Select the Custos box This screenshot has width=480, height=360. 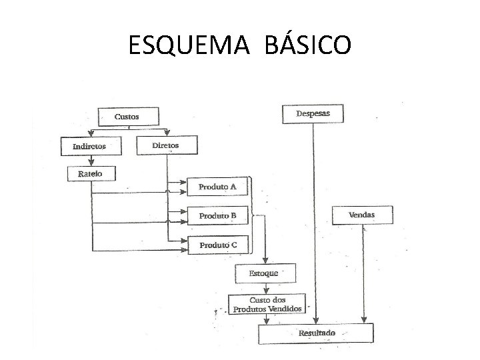click(x=128, y=117)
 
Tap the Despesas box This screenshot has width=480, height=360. click(x=313, y=114)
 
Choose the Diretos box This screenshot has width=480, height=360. click(x=165, y=145)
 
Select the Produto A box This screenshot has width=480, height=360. click(x=217, y=187)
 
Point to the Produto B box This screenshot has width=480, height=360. click(x=217, y=216)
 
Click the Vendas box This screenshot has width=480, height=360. click(x=362, y=215)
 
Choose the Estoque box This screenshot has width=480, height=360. click(x=265, y=273)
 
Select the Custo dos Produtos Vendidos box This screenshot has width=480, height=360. click(x=267, y=305)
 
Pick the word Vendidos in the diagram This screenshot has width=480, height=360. click(x=286, y=309)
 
